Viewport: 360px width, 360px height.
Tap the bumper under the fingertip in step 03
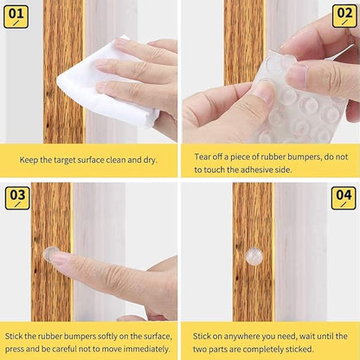click(x=51, y=254)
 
